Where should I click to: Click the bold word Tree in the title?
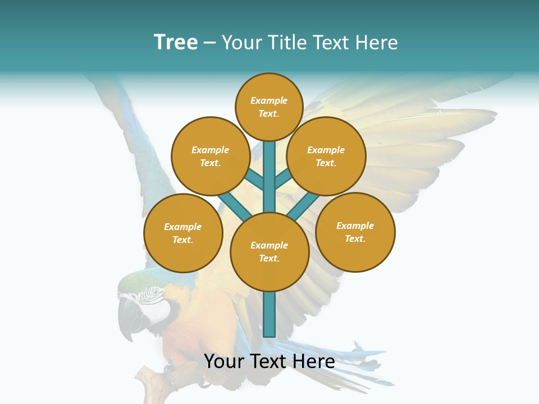coord(176,42)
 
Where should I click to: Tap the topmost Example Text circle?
coord(269,107)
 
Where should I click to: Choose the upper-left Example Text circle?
coord(210,156)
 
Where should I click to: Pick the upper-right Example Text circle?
coord(326,156)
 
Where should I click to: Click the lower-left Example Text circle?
coord(183,233)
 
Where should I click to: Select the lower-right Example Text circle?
coord(355,232)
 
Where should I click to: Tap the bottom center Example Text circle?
coord(269,252)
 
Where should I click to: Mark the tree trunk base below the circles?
coord(269,317)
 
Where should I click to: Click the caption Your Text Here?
coord(269,361)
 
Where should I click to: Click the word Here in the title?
coord(376,43)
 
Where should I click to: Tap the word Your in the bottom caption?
coord(224,361)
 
